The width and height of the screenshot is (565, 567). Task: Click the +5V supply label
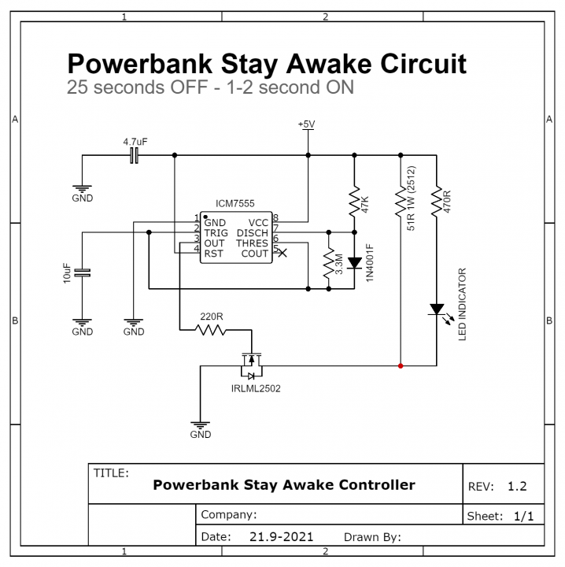pos(306,124)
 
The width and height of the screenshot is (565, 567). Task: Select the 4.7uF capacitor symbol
pos(135,155)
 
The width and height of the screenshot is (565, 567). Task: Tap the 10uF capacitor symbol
pos(83,272)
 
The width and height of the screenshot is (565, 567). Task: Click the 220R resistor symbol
pos(211,330)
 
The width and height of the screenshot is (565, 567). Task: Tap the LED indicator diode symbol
pos(436,309)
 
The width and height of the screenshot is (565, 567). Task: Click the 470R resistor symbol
pos(436,202)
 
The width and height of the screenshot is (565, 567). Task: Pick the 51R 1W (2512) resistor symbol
pos(401,202)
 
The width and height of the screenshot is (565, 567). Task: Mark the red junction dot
pos(401,366)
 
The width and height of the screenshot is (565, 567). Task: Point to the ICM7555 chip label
pos(234,203)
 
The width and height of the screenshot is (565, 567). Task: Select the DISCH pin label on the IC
pos(252,233)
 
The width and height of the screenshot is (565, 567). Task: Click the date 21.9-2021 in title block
pos(281,537)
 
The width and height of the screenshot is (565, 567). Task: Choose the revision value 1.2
pos(516,487)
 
